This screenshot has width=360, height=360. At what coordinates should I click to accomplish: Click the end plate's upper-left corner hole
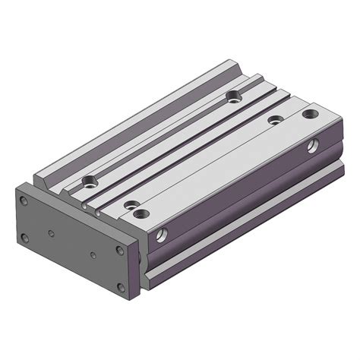point(25,201)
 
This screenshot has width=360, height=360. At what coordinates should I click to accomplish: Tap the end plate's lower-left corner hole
point(25,237)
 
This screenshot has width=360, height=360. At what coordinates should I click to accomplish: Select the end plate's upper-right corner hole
point(119,250)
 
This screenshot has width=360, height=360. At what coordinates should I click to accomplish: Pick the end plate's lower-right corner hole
point(119,286)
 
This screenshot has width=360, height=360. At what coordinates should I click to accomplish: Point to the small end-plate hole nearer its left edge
point(50,233)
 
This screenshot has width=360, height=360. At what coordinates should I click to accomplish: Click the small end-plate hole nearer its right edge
point(93,254)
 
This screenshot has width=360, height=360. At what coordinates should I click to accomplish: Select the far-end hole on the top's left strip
point(232,96)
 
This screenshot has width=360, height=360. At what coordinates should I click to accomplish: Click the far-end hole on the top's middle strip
point(275,120)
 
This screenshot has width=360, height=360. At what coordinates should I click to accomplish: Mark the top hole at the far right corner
point(308,115)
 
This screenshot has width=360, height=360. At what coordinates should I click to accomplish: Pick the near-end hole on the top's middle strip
point(132,205)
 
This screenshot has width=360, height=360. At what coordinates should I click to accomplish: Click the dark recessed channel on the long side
point(243,201)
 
